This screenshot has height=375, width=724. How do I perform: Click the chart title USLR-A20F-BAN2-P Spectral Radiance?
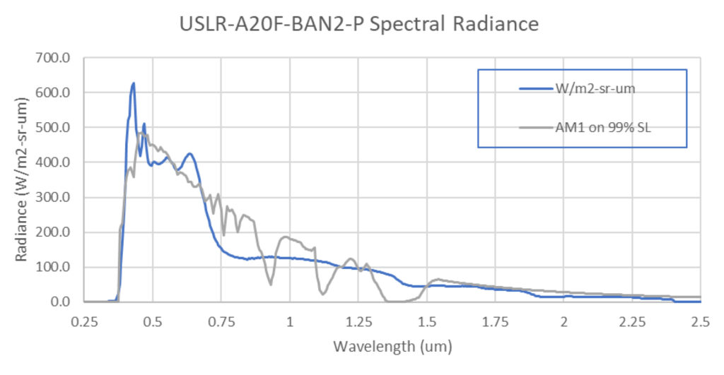coord(360,25)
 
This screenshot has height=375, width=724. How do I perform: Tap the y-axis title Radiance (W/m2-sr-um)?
coord(22,181)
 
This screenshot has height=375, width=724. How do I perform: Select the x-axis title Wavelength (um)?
coord(392,347)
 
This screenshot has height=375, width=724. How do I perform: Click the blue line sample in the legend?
coord(535,89)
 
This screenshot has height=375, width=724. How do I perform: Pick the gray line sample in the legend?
coord(535,127)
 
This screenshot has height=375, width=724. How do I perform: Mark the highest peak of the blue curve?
coord(133,83)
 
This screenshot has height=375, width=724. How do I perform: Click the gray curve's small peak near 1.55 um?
coord(438,279)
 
